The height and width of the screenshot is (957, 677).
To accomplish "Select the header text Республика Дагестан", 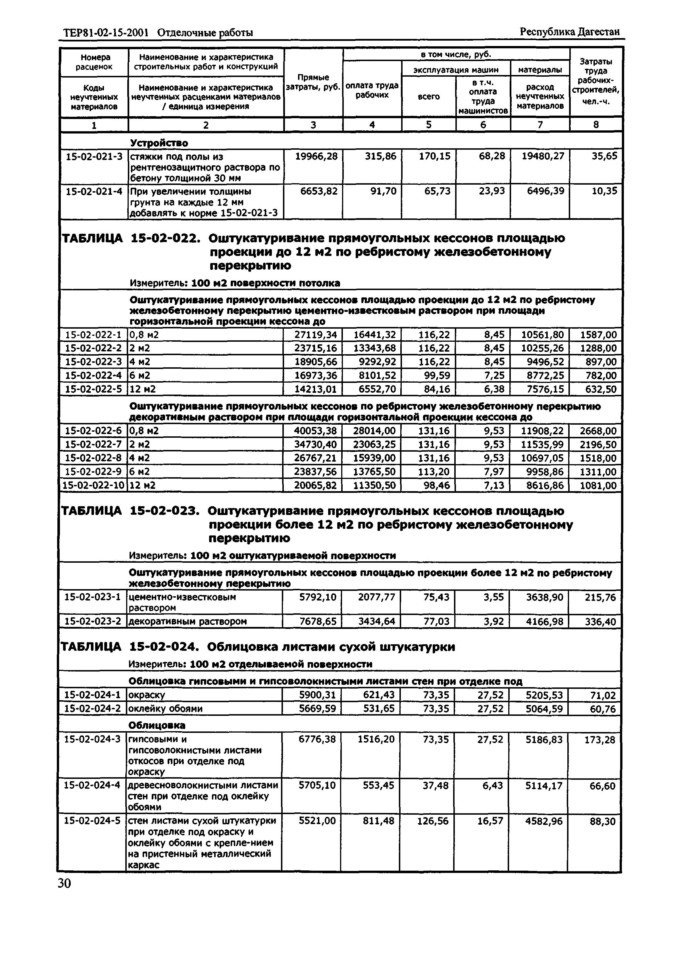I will pyautogui.click(x=569, y=32).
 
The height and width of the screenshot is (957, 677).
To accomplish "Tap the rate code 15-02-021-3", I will pyautogui.click(x=94, y=157).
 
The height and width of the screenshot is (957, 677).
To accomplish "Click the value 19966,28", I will pyautogui.click(x=316, y=157).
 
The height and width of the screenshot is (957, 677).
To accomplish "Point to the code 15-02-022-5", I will pyautogui.click(x=93, y=389).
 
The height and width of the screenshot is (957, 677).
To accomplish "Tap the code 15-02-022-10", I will pyautogui.click(x=93, y=485).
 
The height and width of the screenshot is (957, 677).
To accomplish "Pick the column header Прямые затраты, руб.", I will pyautogui.click(x=313, y=82).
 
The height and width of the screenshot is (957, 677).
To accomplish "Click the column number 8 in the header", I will pyautogui.click(x=596, y=125).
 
